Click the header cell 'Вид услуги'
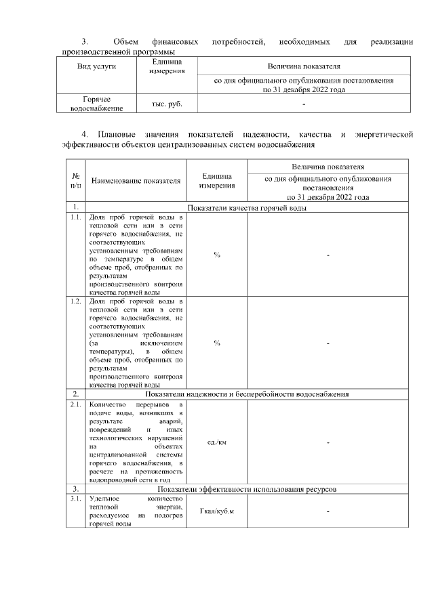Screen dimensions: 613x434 pos(96,66)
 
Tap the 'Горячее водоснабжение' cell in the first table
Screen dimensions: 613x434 pos(96,104)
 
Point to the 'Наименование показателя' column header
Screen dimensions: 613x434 pos(136,181)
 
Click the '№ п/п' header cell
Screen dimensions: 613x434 pos(75,180)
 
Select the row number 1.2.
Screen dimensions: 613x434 pos(75,301)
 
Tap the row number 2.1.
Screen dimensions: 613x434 pos(75,404)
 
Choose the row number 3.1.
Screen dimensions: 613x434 pos(75,499)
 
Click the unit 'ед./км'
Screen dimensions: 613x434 pos(216,442)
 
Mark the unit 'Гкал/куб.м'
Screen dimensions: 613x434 pos(216,511)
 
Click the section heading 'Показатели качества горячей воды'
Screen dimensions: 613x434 pos(247,208)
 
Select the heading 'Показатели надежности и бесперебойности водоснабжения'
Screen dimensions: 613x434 pos(247,394)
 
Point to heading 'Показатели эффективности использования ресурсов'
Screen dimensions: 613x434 pos(247,488)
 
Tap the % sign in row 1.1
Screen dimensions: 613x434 pos(216,255)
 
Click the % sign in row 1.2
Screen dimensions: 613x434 pos(216,343)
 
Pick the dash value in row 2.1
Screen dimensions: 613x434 pos(328,442)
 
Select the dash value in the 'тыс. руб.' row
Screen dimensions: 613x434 pos(304,104)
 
